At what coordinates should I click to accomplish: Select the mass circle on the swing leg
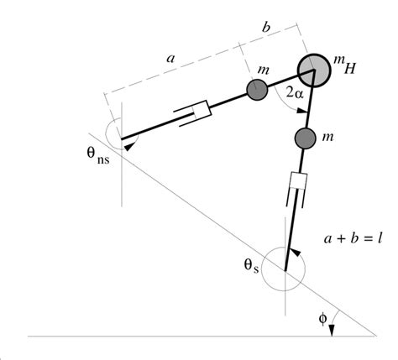point(257,89)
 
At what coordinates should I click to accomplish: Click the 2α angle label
point(294,96)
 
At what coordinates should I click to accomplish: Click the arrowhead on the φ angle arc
point(333,331)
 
